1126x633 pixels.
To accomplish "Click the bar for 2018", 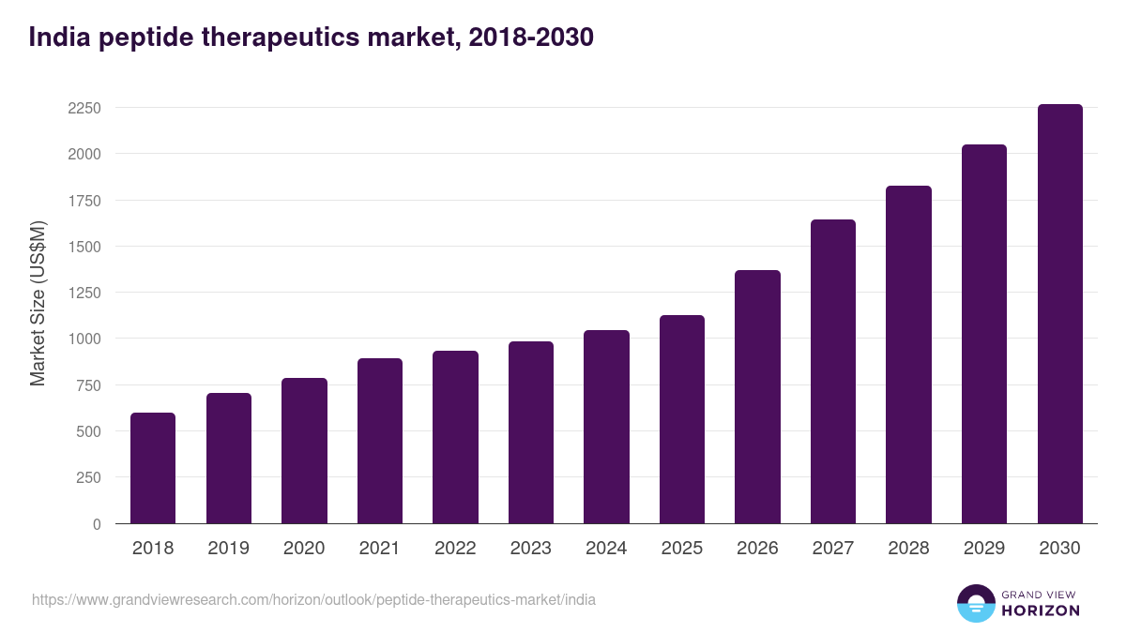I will (153, 468).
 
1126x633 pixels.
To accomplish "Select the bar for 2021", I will (380, 441).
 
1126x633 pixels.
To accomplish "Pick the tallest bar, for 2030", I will (1059, 314).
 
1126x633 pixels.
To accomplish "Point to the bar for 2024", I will (606, 427).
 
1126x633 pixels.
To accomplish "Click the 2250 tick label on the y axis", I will (84, 108).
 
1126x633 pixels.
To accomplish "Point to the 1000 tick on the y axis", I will (84, 339).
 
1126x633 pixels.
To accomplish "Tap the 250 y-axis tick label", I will (88, 477).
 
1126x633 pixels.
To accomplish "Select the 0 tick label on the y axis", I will (97, 524).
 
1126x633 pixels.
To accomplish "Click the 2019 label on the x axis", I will (228, 549).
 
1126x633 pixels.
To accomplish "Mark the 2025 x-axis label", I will (681, 549).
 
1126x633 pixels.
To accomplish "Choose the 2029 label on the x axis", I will (983, 549).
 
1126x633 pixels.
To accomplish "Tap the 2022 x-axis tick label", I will (455, 549).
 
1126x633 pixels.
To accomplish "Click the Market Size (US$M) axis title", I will (38, 303).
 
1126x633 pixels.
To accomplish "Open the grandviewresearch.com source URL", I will (313, 599).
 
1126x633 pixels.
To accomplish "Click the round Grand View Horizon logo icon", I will (975, 603).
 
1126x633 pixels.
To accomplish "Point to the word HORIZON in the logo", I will (1041, 610).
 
